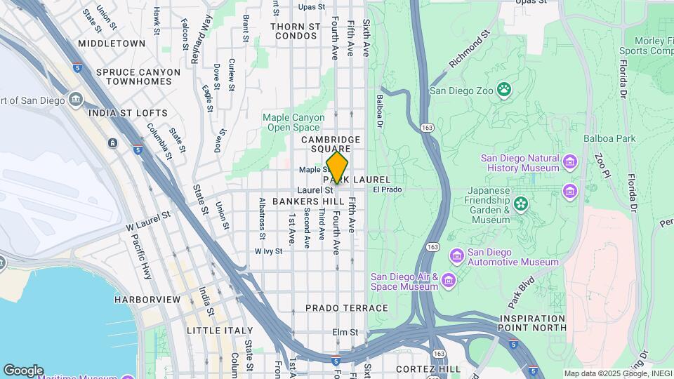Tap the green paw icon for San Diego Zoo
coord(503,89)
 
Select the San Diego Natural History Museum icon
coord(569,164)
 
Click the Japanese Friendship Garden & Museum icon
coord(520,204)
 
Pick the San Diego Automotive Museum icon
coord(457,253)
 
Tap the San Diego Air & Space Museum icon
coord(449,281)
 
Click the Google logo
coord(23,371)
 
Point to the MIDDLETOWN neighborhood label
coord(112,44)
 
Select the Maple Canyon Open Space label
coord(293,122)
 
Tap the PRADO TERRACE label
coord(347,308)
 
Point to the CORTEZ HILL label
coord(428,368)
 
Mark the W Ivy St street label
coord(268,251)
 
